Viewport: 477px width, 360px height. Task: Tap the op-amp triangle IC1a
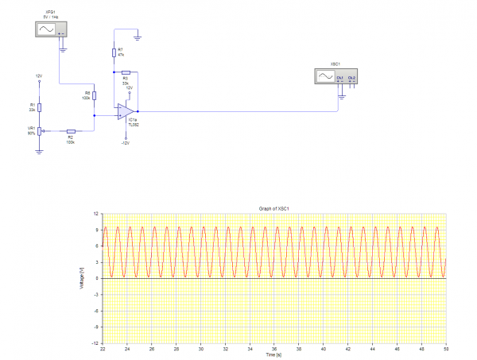[125, 110]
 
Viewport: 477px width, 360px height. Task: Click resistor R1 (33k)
[39, 107]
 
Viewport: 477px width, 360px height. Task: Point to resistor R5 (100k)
[95, 95]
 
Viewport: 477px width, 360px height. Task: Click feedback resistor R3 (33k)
[126, 72]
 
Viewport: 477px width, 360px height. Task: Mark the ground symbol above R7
[138, 36]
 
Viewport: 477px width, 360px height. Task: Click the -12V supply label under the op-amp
[125, 143]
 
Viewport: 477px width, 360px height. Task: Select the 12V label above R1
[38, 76]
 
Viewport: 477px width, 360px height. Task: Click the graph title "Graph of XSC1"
[274, 208]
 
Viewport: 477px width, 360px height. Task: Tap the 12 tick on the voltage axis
[96, 214]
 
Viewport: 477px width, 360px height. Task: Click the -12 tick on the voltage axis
[95, 343]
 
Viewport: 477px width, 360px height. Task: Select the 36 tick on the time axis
[274, 348]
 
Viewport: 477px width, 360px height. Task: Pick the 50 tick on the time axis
[446, 348]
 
